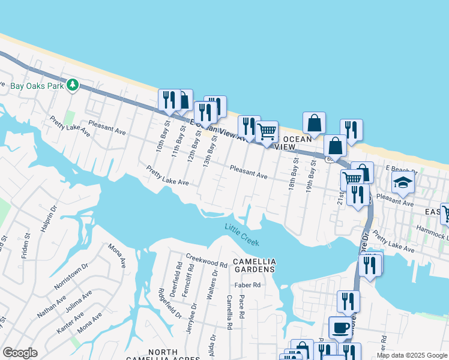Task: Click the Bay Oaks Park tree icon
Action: pos(73,85)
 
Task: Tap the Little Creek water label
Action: pos(242,235)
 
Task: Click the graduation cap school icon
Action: pos(403,182)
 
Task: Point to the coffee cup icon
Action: pos(340,328)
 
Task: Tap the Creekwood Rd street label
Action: pos(206,264)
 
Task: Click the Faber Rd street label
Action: pos(248,285)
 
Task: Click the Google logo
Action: pos(20,353)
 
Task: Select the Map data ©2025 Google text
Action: pos(412,355)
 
